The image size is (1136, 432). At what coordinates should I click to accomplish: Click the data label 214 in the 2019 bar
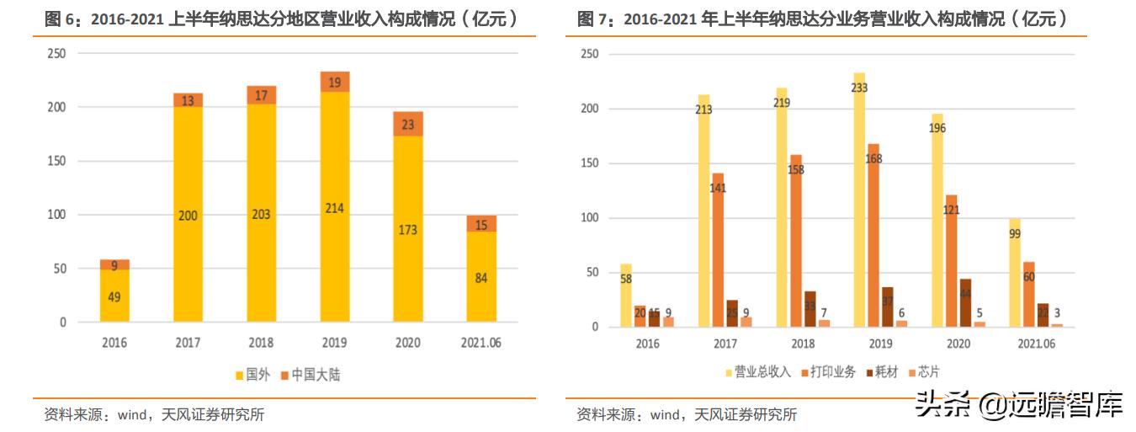point(335,208)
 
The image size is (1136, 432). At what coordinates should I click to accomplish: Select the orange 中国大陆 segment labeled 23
point(408,124)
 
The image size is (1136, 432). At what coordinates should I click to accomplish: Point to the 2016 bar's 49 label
point(114,296)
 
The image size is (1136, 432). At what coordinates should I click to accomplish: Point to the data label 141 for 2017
point(718,188)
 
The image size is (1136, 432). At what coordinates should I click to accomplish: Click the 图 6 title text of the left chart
point(282,19)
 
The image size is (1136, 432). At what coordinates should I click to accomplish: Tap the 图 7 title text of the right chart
point(823,19)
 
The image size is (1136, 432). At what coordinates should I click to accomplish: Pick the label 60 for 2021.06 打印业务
point(1028,276)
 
